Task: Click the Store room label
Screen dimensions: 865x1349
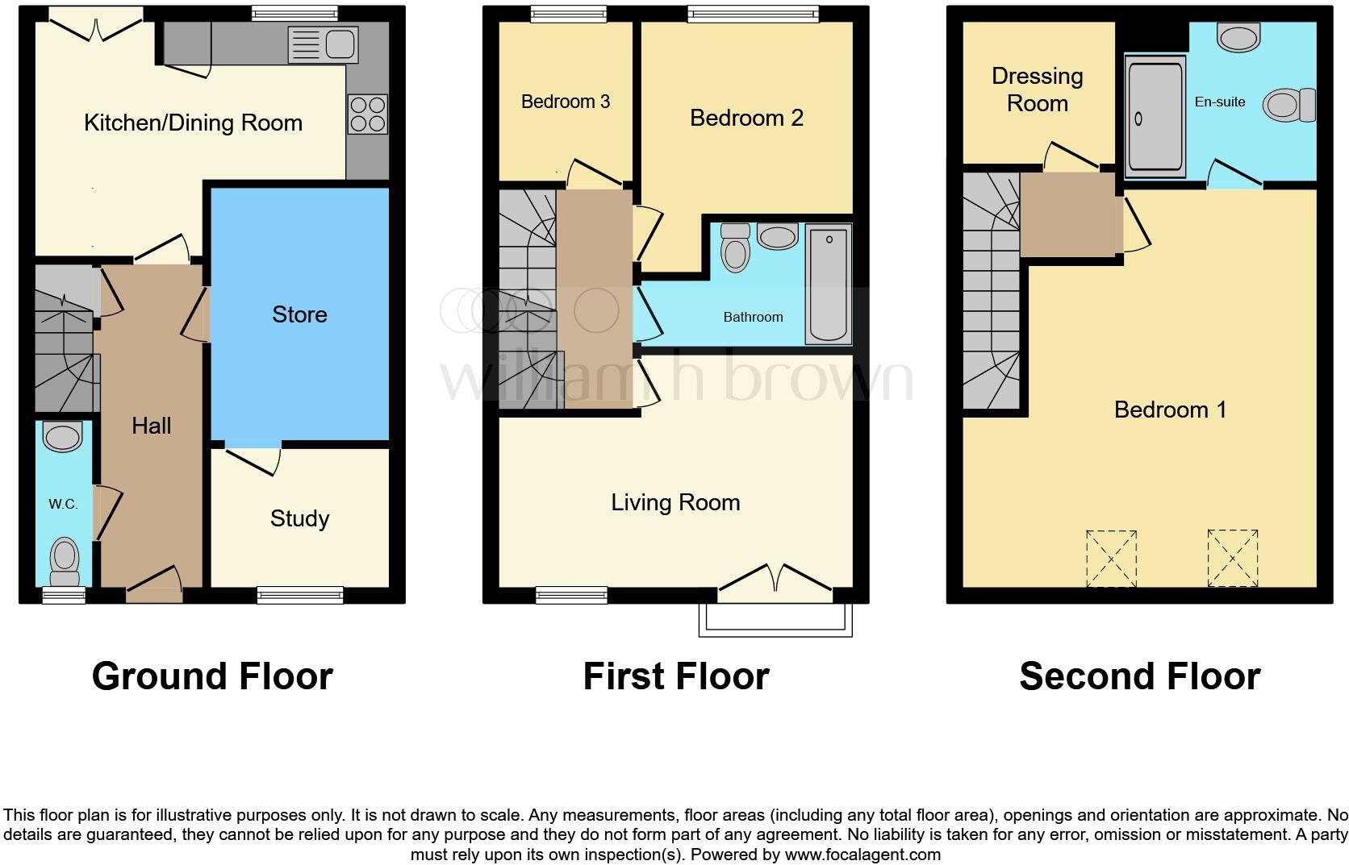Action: (299, 314)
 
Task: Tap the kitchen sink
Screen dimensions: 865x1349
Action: (323, 44)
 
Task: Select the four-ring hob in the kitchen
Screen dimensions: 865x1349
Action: (367, 114)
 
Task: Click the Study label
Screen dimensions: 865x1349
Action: (299, 518)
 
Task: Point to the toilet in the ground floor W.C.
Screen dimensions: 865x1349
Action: (65, 560)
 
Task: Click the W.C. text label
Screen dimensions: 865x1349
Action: (63, 505)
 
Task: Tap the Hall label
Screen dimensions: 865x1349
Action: (151, 426)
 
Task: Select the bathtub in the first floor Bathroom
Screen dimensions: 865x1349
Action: (829, 284)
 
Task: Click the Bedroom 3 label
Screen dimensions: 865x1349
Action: (565, 102)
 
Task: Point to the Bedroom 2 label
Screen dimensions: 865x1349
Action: (746, 118)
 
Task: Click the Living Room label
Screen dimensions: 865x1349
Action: (675, 503)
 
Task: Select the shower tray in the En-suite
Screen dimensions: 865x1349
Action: (1155, 118)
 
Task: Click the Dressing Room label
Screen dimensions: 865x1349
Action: (1037, 89)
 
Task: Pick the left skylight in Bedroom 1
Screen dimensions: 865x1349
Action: (1111, 558)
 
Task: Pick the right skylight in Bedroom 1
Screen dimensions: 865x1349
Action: (1232, 558)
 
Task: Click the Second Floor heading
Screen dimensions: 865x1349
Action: (1139, 676)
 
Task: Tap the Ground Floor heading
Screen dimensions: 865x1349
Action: (212, 676)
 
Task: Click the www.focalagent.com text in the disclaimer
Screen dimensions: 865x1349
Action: (862, 855)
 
